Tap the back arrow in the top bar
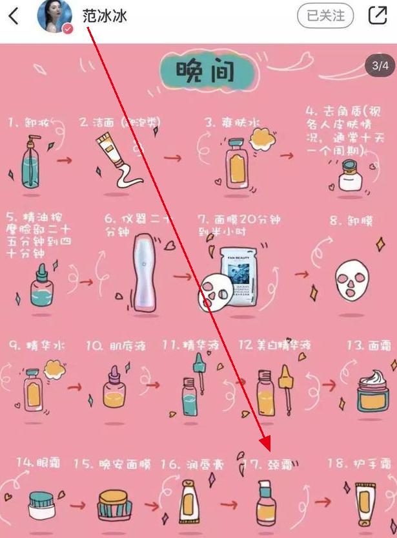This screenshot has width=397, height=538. (14, 16)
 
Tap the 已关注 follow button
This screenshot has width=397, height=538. (325, 16)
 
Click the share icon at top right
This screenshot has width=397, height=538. (378, 16)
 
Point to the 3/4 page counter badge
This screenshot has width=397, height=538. (380, 65)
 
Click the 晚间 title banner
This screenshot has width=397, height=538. (196, 72)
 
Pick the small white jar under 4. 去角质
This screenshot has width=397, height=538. (350, 176)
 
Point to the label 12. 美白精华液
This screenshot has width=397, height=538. (275, 345)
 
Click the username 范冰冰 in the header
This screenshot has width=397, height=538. (105, 16)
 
